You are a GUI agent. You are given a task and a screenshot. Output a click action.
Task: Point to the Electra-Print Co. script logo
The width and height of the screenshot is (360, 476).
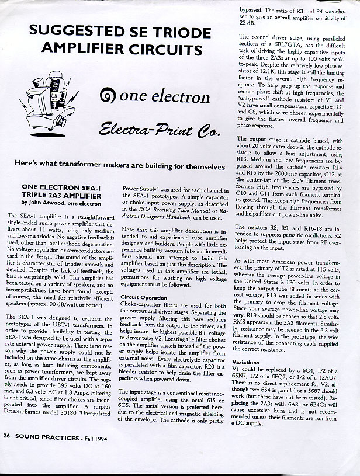159,130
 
